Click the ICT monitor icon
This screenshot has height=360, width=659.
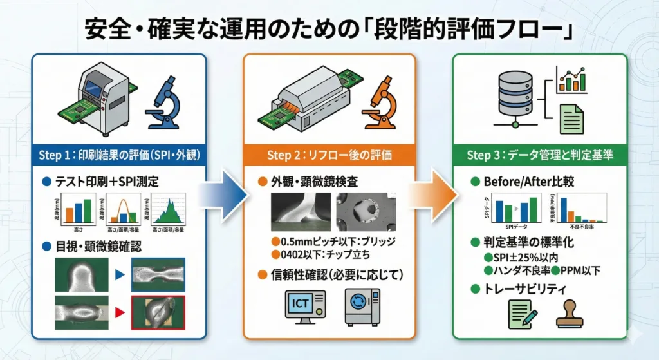[304, 307]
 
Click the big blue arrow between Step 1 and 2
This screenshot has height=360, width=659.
[222, 191]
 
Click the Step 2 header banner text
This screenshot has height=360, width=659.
[329, 155]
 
